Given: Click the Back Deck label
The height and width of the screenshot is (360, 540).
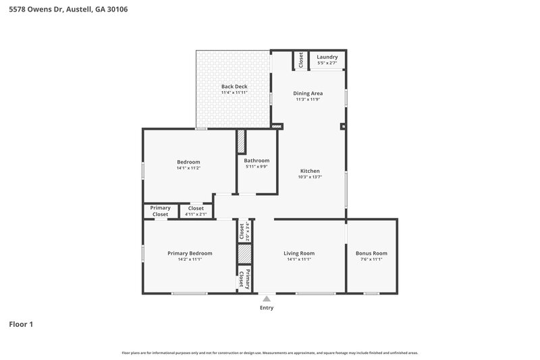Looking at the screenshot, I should click(x=234, y=86).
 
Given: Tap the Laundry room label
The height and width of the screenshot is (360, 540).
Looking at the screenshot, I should click(x=327, y=57).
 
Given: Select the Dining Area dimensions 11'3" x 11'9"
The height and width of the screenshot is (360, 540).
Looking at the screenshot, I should click(x=308, y=99).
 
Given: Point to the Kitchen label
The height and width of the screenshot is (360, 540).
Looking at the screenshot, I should click(x=310, y=171).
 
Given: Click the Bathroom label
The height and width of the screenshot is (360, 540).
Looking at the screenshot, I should click(x=256, y=160).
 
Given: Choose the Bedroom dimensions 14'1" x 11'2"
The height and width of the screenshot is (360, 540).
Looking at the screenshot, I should click(x=188, y=168).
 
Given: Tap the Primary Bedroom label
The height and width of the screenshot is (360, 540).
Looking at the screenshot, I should click(x=190, y=253).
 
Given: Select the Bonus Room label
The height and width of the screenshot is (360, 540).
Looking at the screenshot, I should click(x=371, y=253).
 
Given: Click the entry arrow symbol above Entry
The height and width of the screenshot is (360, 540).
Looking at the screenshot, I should click(x=267, y=297).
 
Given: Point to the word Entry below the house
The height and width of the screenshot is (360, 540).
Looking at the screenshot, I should click(x=267, y=308).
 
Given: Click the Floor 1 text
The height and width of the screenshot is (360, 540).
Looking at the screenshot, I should click(x=21, y=324).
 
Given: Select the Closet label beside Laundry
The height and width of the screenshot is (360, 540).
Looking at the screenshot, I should click(x=301, y=59).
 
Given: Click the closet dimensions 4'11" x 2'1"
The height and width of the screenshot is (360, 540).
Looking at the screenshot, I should click(x=196, y=215).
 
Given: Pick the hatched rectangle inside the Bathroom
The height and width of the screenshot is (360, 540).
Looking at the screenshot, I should click(x=241, y=142).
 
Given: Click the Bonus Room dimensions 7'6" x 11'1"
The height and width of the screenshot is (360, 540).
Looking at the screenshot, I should click(x=371, y=259).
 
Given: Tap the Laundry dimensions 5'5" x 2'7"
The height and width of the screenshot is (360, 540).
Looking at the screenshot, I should click(x=327, y=63).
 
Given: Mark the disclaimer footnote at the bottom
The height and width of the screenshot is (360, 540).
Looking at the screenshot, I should click(x=269, y=353).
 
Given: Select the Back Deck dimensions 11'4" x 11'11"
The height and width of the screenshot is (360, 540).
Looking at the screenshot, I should click(x=234, y=93).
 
